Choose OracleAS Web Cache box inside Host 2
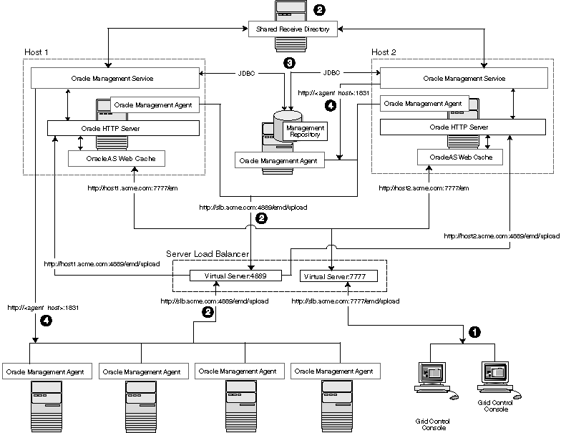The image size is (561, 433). click(459, 157)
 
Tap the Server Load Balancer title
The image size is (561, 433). click(207, 254)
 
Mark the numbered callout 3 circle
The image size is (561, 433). click(289, 63)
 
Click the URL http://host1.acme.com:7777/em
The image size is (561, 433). click(122, 188)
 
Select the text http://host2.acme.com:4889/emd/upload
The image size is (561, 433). click(502, 235)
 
